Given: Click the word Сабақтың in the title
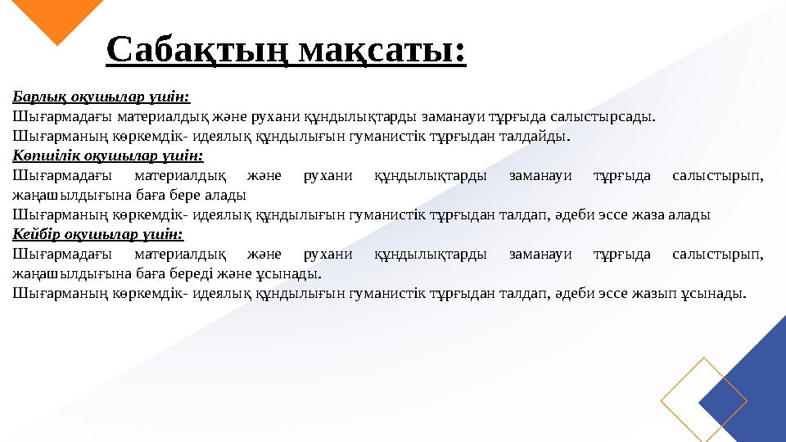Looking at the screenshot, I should (197, 51).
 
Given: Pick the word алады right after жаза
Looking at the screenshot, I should (691, 214).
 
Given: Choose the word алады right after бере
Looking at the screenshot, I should (228, 195).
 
